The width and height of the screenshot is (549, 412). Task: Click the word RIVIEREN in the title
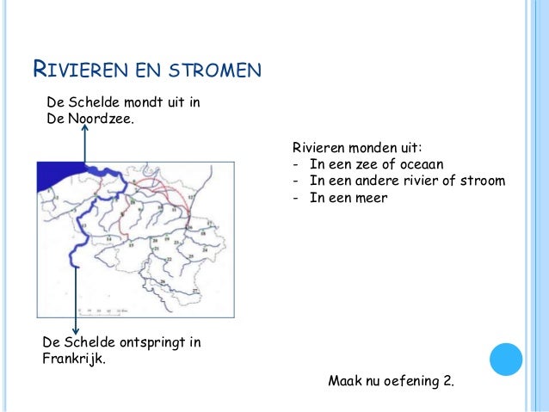[x=81, y=68]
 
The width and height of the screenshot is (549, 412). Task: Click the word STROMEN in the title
[x=212, y=68]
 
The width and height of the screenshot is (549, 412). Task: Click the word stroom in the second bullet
[x=478, y=181]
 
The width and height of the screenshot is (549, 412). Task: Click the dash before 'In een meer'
[x=296, y=198]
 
